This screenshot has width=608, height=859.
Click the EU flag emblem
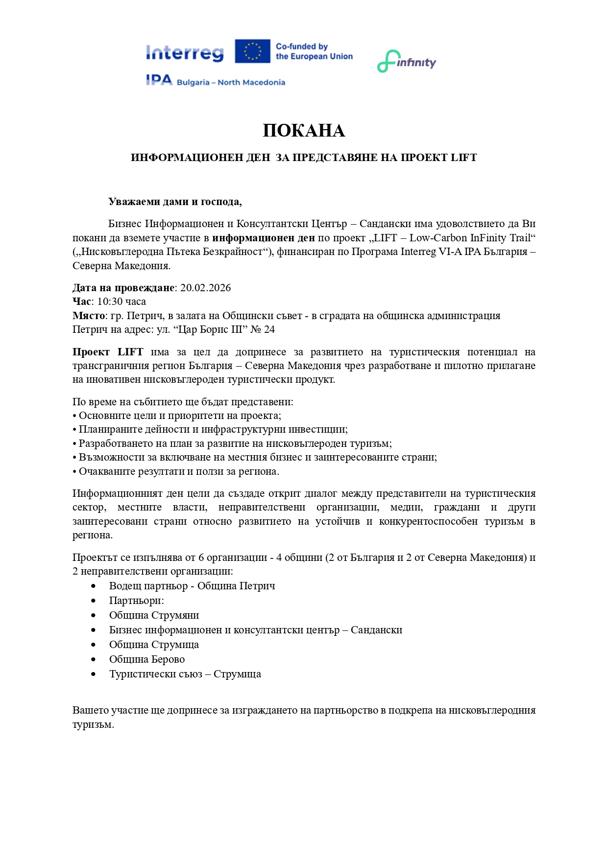[x=252, y=51]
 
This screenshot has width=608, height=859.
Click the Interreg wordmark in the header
[x=185, y=53]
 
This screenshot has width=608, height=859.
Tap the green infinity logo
[x=406, y=62]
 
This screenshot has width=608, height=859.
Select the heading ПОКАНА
[x=304, y=131]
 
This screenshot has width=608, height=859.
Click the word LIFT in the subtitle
[x=463, y=158]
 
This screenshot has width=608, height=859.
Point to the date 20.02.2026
[x=205, y=288]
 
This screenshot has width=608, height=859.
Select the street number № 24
[x=263, y=329]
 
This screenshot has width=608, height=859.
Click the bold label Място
[x=89, y=316]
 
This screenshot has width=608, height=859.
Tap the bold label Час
[x=82, y=302]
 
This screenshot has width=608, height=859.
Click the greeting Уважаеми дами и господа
[x=175, y=202]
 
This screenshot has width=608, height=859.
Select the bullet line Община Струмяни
[x=154, y=615]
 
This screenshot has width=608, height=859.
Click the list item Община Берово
[x=147, y=659]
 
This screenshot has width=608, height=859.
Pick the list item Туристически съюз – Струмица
[x=185, y=674]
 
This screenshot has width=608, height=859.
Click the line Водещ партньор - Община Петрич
[x=192, y=586]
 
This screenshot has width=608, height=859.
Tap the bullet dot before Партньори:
[x=94, y=601]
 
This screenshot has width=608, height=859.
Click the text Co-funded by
[x=302, y=46]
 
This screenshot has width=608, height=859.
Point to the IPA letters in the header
[x=159, y=80]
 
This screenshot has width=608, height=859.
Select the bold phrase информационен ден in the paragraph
[x=264, y=238]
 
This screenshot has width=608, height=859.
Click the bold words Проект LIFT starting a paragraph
[x=108, y=352]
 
